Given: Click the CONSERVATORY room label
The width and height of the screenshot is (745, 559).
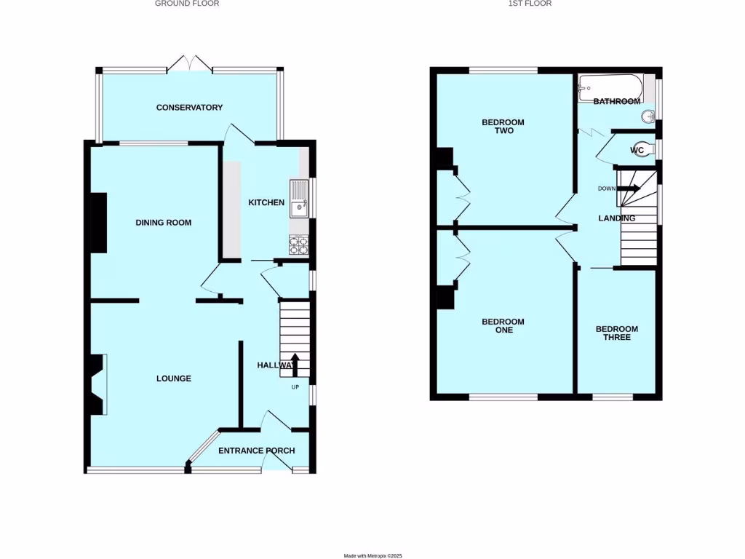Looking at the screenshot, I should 189,108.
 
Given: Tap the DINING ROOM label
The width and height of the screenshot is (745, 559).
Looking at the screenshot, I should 163,223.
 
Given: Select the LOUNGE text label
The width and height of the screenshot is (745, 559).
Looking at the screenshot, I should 174,378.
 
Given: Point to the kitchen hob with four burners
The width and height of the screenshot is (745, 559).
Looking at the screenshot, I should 299,246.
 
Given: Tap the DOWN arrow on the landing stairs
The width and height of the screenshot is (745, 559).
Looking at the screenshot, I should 630,189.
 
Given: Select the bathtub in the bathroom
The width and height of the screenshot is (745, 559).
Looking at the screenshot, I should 610,87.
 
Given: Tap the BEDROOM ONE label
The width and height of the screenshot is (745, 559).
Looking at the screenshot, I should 503,325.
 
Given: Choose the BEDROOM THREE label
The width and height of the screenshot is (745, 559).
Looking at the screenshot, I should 617,333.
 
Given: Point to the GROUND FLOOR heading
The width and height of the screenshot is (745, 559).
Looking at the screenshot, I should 187,4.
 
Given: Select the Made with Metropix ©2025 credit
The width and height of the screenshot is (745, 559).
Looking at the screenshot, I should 372,555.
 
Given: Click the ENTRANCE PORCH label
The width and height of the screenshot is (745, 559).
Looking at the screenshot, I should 257,451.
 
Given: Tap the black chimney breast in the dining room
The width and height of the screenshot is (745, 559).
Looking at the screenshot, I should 98,223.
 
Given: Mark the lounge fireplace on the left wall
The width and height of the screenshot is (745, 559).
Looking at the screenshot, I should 97,384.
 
